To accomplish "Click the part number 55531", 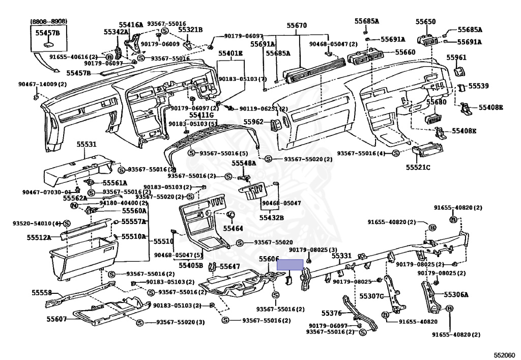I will click(x=86, y=145).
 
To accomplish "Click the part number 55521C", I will click(x=418, y=167).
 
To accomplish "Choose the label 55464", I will click(x=233, y=229).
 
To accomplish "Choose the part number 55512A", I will click(x=39, y=237).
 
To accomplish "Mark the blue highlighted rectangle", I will click(x=290, y=264).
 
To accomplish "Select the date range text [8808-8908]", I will click(x=48, y=21).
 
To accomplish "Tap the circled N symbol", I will click(x=74, y=205).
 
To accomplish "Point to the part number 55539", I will click(x=478, y=86).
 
